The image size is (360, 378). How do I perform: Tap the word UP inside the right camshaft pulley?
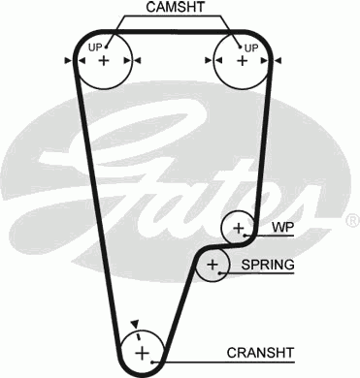251,46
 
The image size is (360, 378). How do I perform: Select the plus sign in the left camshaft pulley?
104,60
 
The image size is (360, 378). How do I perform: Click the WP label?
281,229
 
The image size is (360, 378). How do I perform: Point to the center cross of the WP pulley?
238,229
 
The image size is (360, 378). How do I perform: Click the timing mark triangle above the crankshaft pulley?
137,324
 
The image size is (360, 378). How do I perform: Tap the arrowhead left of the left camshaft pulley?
69,60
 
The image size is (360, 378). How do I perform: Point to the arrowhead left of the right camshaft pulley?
205,60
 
